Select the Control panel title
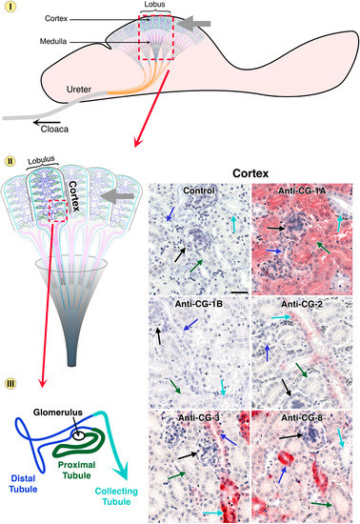pyautogui.click(x=202, y=191)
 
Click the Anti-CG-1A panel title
pyautogui.click(x=303, y=191)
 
